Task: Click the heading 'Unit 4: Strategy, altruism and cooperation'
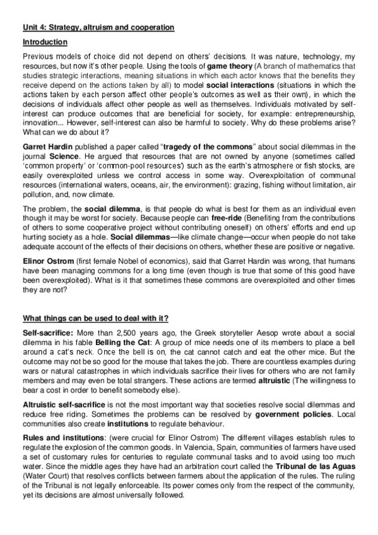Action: pos(98,28)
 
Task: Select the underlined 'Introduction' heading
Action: pos(45,42)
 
